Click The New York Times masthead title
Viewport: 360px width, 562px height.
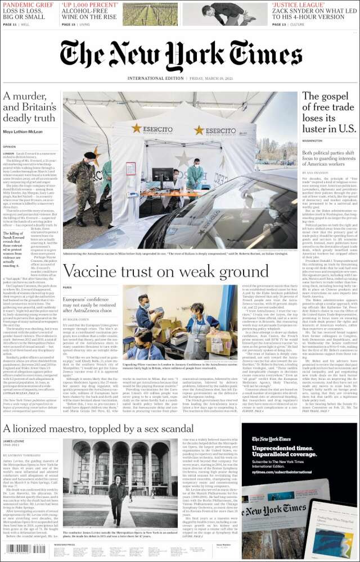(180, 55)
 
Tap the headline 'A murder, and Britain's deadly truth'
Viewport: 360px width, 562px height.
(29, 107)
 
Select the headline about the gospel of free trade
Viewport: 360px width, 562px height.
(329, 112)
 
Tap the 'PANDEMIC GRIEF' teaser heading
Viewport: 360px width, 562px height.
(28, 4)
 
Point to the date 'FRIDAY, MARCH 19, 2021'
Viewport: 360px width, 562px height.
(211, 79)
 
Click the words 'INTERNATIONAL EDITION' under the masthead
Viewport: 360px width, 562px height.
(155, 79)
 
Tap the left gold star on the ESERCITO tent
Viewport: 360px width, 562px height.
(137, 129)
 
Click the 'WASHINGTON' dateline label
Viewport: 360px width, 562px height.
(313, 140)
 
